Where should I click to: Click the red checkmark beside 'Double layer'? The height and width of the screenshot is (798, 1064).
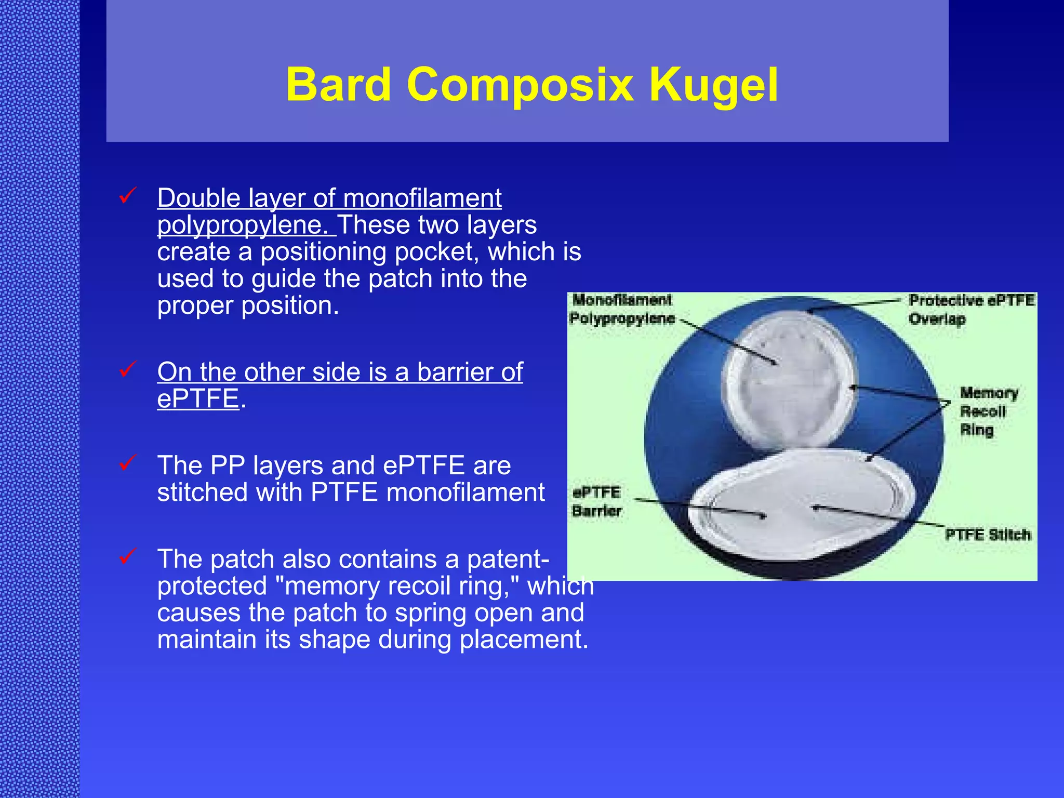(128, 196)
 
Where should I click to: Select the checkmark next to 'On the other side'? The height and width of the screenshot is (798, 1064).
(128, 369)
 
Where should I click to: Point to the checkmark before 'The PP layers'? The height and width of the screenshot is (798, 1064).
(128, 462)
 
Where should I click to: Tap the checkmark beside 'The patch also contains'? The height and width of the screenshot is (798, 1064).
(128, 556)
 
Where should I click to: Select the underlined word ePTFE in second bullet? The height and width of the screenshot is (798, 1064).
(198, 398)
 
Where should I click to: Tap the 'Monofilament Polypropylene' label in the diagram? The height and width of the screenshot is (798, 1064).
(621, 309)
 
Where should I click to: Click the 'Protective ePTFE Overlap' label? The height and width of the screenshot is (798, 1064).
(970, 309)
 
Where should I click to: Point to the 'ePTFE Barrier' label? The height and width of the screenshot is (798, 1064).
(596, 501)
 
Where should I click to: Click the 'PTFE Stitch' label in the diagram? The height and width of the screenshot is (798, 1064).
(987, 535)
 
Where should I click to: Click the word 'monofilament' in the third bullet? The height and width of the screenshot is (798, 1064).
(465, 492)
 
